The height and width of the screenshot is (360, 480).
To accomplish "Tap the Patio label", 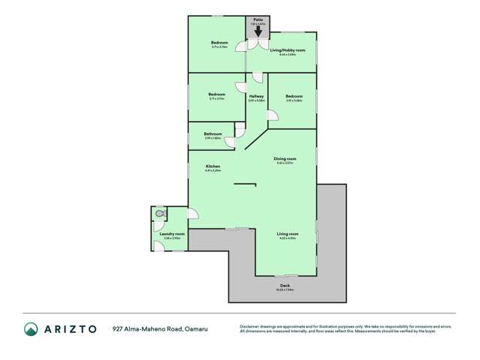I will [x=258, y=19].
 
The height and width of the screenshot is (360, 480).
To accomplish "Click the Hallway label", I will [x=256, y=96].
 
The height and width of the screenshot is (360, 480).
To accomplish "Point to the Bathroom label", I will [x=212, y=133].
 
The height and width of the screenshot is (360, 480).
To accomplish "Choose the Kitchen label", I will [x=212, y=166].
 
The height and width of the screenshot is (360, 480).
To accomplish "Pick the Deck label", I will [x=285, y=286].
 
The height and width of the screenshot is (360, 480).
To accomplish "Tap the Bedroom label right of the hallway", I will [x=294, y=96].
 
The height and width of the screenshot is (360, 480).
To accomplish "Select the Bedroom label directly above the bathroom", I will [x=216, y=94].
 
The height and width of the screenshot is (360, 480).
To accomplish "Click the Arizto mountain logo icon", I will [x=31, y=328].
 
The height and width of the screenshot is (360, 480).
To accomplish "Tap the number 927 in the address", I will [x=118, y=328].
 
